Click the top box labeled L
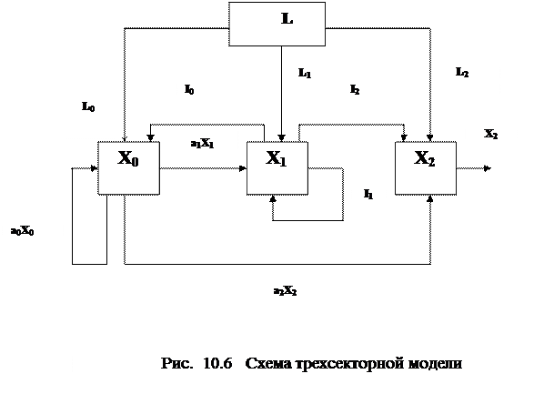(x=277, y=24)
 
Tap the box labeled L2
(x=473, y=83)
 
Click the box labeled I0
(x=203, y=95)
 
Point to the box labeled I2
(x=369, y=95)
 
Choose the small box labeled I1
(x=368, y=199)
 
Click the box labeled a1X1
(x=203, y=146)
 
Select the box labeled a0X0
(x=33, y=234)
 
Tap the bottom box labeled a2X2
(x=285, y=295)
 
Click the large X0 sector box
(x=128, y=167)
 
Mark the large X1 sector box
(x=277, y=167)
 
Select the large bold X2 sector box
(x=425, y=167)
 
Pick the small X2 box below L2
(x=490, y=143)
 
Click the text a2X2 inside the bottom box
(x=284, y=292)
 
